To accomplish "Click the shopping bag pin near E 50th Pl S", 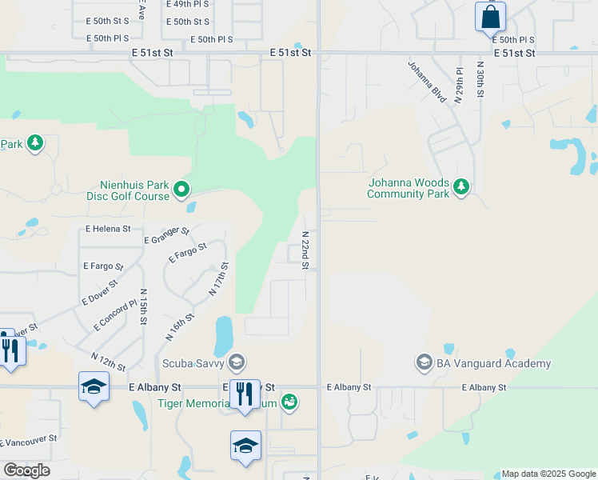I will click(x=489, y=17).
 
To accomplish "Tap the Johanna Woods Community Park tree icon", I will click(x=460, y=187).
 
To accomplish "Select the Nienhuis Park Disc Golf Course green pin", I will click(x=181, y=190).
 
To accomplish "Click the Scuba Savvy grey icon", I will click(x=236, y=363).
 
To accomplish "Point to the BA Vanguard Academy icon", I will click(x=424, y=363).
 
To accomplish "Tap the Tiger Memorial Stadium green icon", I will click(x=289, y=402).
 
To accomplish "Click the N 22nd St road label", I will click(x=305, y=250).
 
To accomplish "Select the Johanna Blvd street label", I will click(x=426, y=82).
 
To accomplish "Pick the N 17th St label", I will click(x=219, y=279).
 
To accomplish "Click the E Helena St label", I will click(x=108, y=229).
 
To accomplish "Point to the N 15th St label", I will click(x=143, y=306).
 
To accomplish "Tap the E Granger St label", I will click(x=166, y=235).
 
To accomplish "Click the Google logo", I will click(x=26, y=470).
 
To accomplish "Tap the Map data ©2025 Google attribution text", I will click(x=548, y=474).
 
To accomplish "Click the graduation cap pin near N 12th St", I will click(x=94, y=386).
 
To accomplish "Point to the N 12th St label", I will click(x=108, y=362).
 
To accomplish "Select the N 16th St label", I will click(x=180, y=327).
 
